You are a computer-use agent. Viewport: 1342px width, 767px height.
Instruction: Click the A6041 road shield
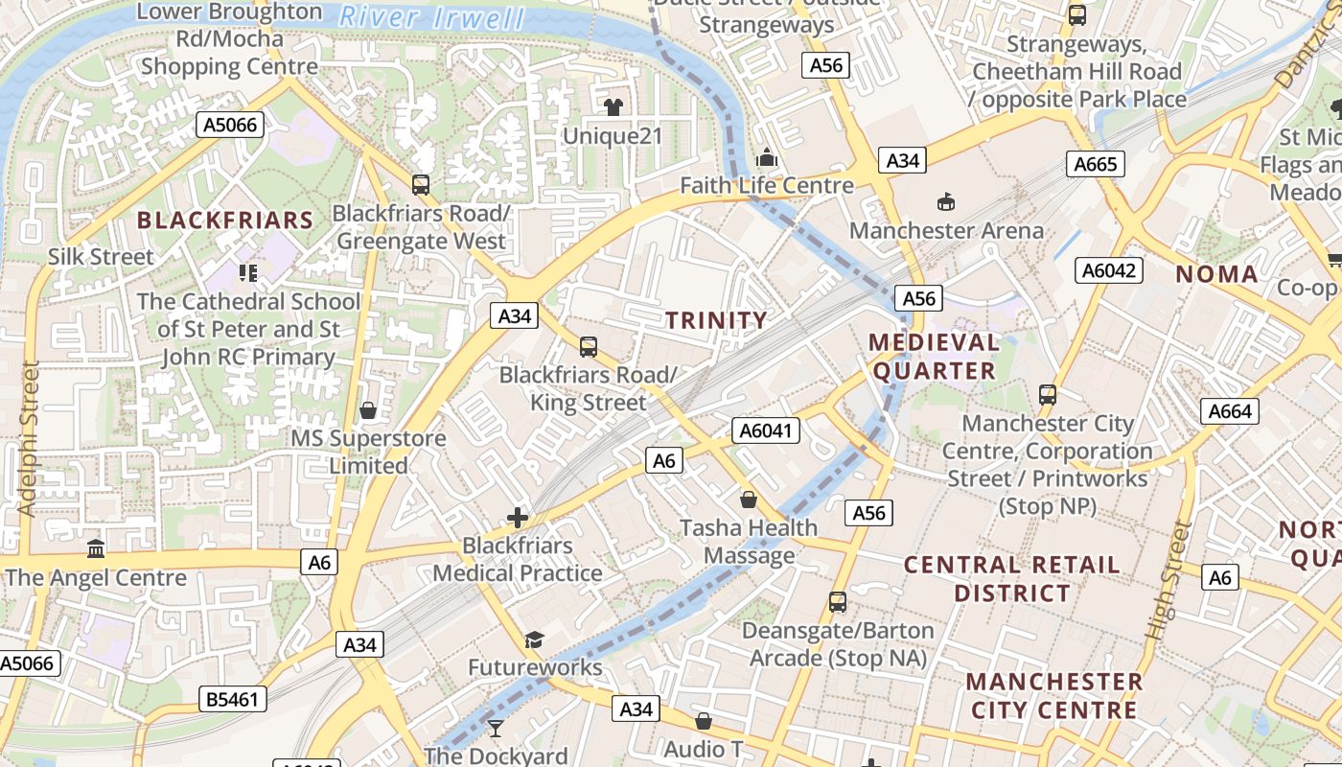click(x=767, y=431)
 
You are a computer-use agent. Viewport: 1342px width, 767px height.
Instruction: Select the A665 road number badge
click(x=1095, y=164)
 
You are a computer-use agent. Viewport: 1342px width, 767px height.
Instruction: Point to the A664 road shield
click(x=1230, y=411)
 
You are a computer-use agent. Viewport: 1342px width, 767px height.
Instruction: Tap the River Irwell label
click(x=433, y=17)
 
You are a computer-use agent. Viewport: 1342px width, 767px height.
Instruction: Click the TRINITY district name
click(x=717, y=320)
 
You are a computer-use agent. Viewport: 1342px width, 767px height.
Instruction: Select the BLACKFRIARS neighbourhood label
click(x=225, y=220)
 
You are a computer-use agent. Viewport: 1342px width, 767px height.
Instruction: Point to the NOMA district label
click(x=1216, y=274)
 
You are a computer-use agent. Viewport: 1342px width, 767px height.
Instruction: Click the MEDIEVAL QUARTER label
click(x=935, y=356)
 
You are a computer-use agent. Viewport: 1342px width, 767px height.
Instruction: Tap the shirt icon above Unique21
click(x=613, y=106)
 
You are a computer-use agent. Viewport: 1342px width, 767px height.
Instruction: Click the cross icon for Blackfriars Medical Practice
click(x=518, y=519)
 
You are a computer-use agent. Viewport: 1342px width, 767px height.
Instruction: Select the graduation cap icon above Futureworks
click(x=534, y=639)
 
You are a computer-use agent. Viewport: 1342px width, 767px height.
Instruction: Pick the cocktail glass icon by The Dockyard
click(x=495, y=729)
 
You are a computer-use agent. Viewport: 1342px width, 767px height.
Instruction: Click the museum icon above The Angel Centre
click(x=96, y=549)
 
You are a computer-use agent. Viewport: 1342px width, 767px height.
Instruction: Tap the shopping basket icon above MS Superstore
click(x=368, y=411)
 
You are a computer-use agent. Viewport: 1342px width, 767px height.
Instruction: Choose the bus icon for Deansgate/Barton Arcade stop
click(x=838, y=602)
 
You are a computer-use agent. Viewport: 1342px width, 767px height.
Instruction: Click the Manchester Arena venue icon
click(x=946, y=201)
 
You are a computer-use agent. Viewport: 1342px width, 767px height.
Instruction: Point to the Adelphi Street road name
click(x=27, y=438)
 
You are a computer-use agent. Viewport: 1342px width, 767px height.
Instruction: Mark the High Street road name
click(x=1168, y=581)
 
